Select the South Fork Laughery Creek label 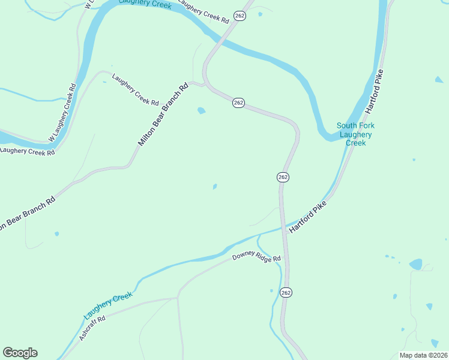[x=355, y=134]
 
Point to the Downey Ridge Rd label [x=257, y=259]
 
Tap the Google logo [x=20, y=353]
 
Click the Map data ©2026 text [x=423, y=355]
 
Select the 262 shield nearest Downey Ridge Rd [x=286, y=292]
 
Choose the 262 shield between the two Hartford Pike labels [x=283, y=177]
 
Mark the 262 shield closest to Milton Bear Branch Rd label [x=238, y=103]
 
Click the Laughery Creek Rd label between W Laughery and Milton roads [x=135, y=89]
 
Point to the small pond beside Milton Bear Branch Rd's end [x=201, y=110]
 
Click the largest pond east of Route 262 [x=415, y=264]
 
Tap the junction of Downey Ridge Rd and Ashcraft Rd [x=178, y=296]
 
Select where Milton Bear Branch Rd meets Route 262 [x=206, y=85]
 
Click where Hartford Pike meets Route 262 [x=283, y=227]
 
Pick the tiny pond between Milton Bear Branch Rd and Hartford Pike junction [x=214, y=187]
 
